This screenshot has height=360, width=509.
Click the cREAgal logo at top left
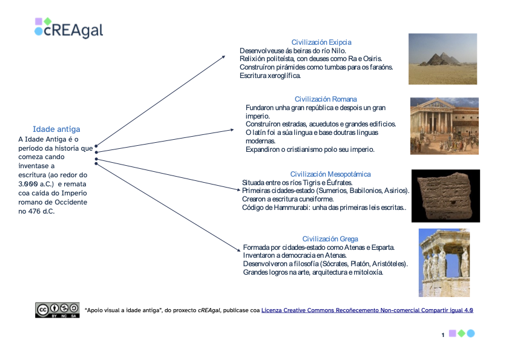[68, 28]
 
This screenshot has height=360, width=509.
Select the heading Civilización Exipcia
[321, 42]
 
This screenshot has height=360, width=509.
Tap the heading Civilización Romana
[326, 99]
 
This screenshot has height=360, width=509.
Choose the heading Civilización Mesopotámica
[330, 174]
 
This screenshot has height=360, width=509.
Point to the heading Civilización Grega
[330, 239]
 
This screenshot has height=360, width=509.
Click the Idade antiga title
[56, 129]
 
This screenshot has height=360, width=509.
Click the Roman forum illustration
[444, 126]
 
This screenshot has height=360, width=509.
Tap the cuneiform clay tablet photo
[445, 196]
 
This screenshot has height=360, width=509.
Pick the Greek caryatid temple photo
[444, 263]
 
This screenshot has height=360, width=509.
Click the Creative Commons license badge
[57, 309]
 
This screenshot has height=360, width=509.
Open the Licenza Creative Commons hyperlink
[367, 310]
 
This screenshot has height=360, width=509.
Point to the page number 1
[443, 334]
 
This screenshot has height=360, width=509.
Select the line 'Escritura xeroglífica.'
[270, 76]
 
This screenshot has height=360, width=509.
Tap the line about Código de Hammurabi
[324, 208]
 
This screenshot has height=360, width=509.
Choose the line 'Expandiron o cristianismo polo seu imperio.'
[310, 149]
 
